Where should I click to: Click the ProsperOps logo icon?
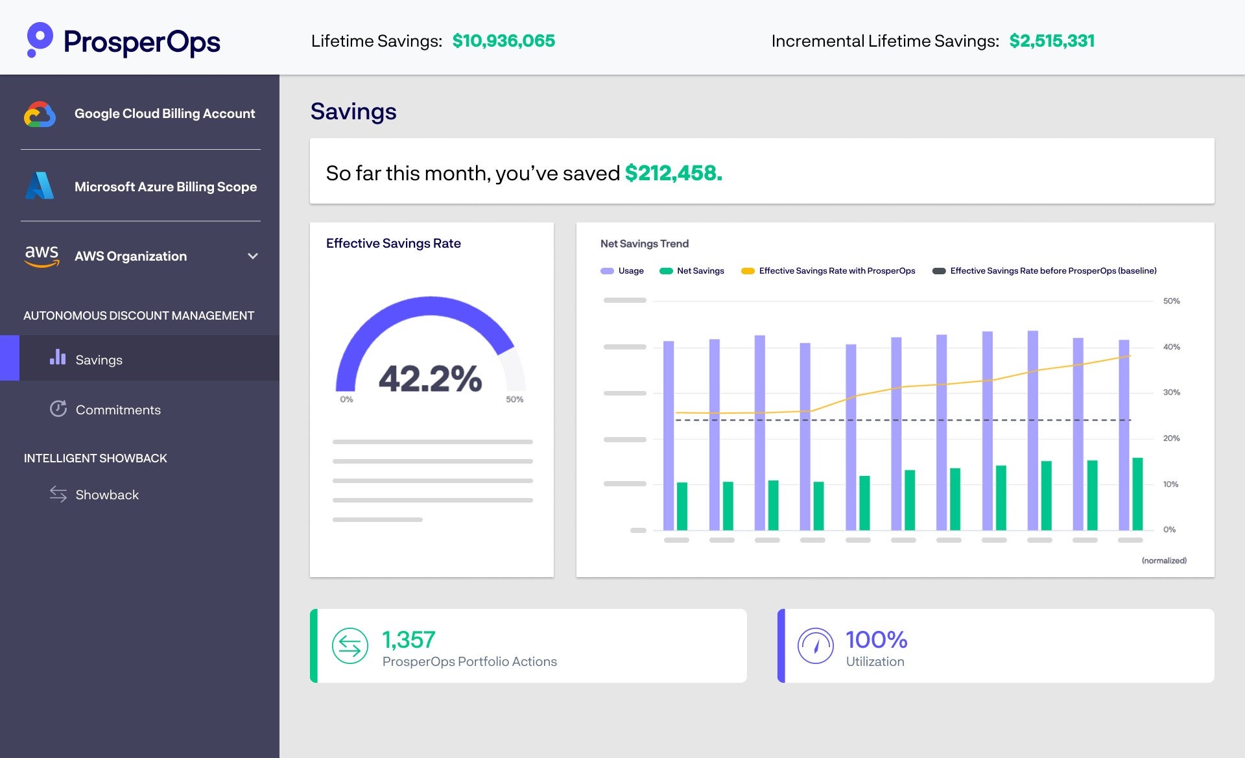(40, 40)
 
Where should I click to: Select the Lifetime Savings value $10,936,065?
(503, 41)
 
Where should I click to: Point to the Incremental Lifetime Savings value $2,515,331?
(1051, 41)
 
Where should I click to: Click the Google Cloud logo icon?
(40, 114)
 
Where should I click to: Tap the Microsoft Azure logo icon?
(40, 186)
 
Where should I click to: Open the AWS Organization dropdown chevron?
(253, 256)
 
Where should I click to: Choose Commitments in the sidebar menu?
(118, 410)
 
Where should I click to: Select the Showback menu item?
(107, 495)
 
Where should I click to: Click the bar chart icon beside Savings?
(58, 357)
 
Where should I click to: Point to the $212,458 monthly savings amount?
(673, 173)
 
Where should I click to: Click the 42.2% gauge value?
(430, 379)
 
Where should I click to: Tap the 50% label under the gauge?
(514, 399)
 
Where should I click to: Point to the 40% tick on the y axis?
(1171, 347)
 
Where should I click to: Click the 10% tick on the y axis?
(1170, 484)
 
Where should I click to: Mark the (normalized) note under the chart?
(1164, 560)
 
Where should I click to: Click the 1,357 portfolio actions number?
(409, 640)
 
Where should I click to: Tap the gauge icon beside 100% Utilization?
(815, 646)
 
